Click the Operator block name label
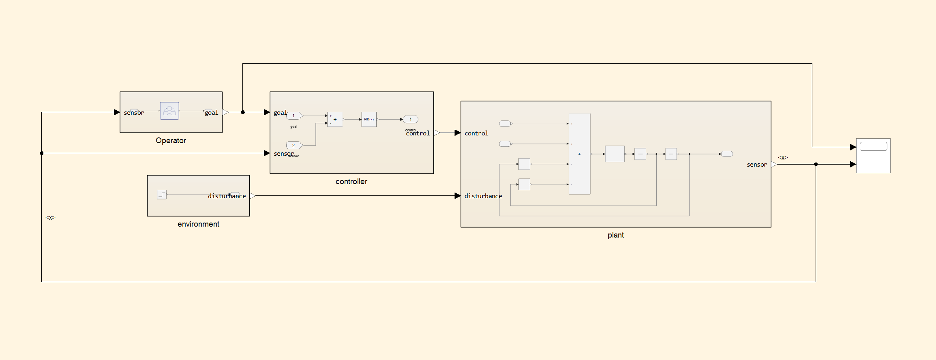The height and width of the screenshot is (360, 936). pos(171,141)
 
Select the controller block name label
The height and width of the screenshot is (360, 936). pos(351,182)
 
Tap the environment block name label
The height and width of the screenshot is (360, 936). pos(198,224)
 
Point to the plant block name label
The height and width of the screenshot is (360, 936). pos(615,235)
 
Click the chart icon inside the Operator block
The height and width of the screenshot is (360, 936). pos(169,111)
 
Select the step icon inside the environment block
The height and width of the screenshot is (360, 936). pos(162,195)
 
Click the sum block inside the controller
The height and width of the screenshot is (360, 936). pos(335,120)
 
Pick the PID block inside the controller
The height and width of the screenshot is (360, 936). pos(369,120)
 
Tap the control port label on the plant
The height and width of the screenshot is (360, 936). pos(476,133)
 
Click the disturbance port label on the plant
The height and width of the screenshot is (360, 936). pos(483,196)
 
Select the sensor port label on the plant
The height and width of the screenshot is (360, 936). pos(757,165)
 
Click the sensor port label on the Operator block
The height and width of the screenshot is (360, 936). pos(134,113)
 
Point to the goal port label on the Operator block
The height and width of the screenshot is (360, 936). pos(211,113)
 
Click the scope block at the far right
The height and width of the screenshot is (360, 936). pos(873,156)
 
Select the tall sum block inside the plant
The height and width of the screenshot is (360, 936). pos(579,154)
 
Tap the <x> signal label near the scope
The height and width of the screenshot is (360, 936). pos(783,158)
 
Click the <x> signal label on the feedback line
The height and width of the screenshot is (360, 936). pos(50,218)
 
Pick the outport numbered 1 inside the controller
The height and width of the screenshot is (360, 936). pos(411,120)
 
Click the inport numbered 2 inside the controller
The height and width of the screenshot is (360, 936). pos(293,146)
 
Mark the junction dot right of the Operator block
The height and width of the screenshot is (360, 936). pos(243,112)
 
